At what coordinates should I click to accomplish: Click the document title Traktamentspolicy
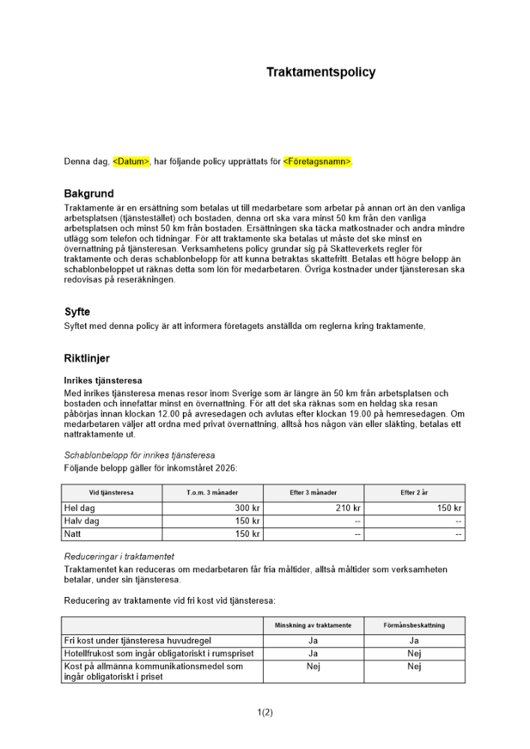click(321, 73)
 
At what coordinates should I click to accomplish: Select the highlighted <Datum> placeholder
click(131, 161)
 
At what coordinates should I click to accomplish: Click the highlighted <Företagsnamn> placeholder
click(317, 161)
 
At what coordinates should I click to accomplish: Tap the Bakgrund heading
click(88, 194)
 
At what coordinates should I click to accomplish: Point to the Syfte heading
click(77, 312)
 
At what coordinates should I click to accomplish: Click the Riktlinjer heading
click(87, 359)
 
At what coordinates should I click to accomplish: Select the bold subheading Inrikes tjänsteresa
click(103, 381)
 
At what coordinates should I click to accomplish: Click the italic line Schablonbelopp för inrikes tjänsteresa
click(139, 455)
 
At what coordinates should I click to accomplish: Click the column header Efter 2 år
click(414, 493)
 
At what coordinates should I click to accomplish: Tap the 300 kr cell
click(247, 508)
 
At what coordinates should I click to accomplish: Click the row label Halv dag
click(82, 521)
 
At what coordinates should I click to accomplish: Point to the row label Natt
click(73, 534)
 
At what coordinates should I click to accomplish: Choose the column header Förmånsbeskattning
click(414, 625)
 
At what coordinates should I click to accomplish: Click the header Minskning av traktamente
click(313, 625)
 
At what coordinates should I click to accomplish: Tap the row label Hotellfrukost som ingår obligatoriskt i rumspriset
click(159, 654)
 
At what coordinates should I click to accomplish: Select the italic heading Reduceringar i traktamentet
click(119, 557)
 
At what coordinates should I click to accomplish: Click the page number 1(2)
click(265, 712)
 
